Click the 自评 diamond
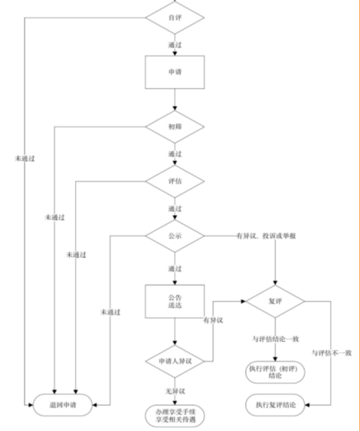coord(175,17)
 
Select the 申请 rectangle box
coord(175,72)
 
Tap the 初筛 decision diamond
coord(175,126)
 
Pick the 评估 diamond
coord(175,181)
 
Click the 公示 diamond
coord(175,236)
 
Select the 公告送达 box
coord(175,301)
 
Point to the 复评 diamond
coord(275,301)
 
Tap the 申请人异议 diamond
coord(175,360)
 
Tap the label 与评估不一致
coord(332,353)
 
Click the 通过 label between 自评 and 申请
coord(175,45)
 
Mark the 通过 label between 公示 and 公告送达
coord(175,269)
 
